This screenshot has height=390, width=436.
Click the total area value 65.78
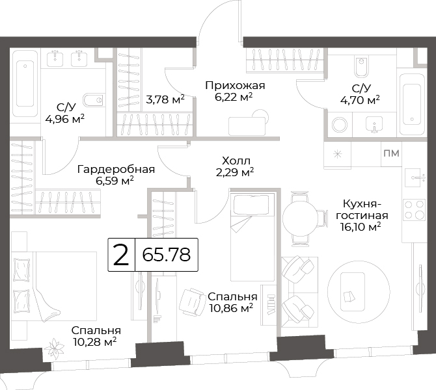(167, 255)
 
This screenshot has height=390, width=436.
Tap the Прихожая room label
(235, 86)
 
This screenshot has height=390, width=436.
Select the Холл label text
(236, 161)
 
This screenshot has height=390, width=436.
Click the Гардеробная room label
(116, 169)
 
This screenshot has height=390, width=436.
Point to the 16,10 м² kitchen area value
(361, 227)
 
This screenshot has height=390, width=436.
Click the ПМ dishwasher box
(391, 153)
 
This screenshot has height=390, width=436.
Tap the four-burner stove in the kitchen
(415, 210)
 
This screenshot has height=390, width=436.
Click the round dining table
(300, 218)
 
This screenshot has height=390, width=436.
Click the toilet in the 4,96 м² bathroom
(94, 100)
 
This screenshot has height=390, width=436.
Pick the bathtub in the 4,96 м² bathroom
(25, 84)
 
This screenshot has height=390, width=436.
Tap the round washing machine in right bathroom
(340, 124)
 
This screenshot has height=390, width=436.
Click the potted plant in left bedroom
(55, 348)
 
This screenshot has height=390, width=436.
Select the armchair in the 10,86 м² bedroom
(192, 302)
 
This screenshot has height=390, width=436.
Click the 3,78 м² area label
(165, 99)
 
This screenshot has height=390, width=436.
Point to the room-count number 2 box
(122, 254)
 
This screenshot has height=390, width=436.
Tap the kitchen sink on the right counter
(415, 177)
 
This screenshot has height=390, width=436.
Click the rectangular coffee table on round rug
(353, 292)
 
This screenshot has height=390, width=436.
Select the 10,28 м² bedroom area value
(94, 341)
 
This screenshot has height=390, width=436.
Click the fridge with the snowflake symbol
(338, 154)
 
